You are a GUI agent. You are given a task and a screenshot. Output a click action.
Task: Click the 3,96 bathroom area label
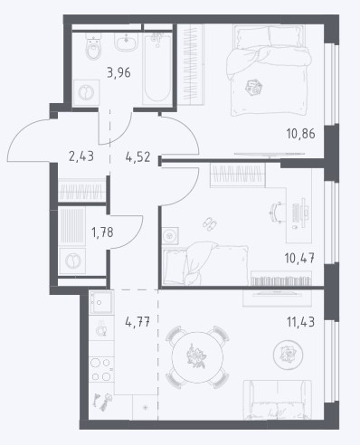click(x=118, y=72)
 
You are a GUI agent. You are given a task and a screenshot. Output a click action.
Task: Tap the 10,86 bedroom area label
click(x=300, y=134)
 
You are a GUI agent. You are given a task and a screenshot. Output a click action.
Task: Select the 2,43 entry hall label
click(x=81, y=156)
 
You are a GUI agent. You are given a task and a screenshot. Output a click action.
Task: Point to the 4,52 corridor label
click(x=137, y=157)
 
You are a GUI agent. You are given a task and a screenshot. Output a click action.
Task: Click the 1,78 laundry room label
click(x=102, y=232)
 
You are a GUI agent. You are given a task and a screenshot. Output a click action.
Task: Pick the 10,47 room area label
click(x=299, y=258)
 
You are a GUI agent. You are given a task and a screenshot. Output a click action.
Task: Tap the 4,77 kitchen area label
click(x=137, y=322)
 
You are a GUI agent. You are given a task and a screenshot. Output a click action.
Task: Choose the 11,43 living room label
click(x=300, y=322)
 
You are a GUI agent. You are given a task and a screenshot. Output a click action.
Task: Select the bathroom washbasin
click(x=127, y=42)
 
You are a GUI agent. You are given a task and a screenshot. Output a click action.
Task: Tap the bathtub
click(x=156, y=69)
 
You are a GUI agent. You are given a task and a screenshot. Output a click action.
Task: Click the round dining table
click(x=197, y=357)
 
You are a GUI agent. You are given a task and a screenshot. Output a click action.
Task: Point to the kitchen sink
click(x=101, y=302)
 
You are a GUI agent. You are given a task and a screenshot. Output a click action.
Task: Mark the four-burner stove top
click(x=101, y=370)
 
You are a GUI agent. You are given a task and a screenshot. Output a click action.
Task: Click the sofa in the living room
click(x=278, y=400)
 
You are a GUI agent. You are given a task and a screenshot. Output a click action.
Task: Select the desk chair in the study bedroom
click(x=277, y=213)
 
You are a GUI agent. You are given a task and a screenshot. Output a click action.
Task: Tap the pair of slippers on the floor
click(x=209, y=223)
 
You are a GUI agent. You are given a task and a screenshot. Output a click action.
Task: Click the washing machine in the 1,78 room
click(x=72, y=260)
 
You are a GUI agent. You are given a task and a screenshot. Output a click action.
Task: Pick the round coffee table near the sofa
click(x=288, y=355)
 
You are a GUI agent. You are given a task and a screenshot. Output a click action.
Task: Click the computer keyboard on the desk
click(x=297, y=213)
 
